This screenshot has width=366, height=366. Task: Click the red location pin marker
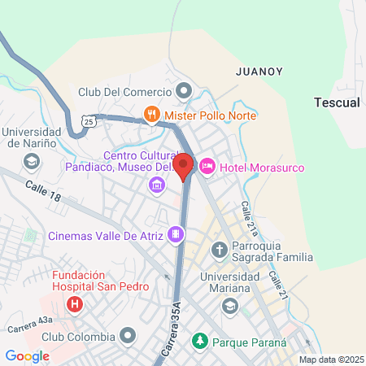click(183, 166)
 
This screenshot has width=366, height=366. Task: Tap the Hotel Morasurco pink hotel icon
click(207, 167)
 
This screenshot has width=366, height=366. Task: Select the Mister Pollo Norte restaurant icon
click(151, 115)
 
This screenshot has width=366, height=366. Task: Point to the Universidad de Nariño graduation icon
click(30, 161)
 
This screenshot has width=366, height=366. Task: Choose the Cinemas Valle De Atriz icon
click(176, 236)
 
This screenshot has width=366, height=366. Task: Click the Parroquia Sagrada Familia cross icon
click(218, 248)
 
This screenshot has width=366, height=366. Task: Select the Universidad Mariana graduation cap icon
click(229, 307)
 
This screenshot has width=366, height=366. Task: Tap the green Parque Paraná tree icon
click(198, 342)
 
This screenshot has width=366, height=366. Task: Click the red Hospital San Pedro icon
click(75, 306)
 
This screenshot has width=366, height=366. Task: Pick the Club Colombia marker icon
click(128, 335)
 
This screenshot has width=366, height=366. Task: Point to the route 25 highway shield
click(88, 120)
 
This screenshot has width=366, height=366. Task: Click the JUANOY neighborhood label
click(259, 72)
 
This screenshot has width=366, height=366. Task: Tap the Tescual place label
click(336, 102)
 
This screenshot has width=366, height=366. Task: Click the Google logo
click(27, 355)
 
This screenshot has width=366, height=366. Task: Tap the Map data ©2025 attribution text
click(331, 359)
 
